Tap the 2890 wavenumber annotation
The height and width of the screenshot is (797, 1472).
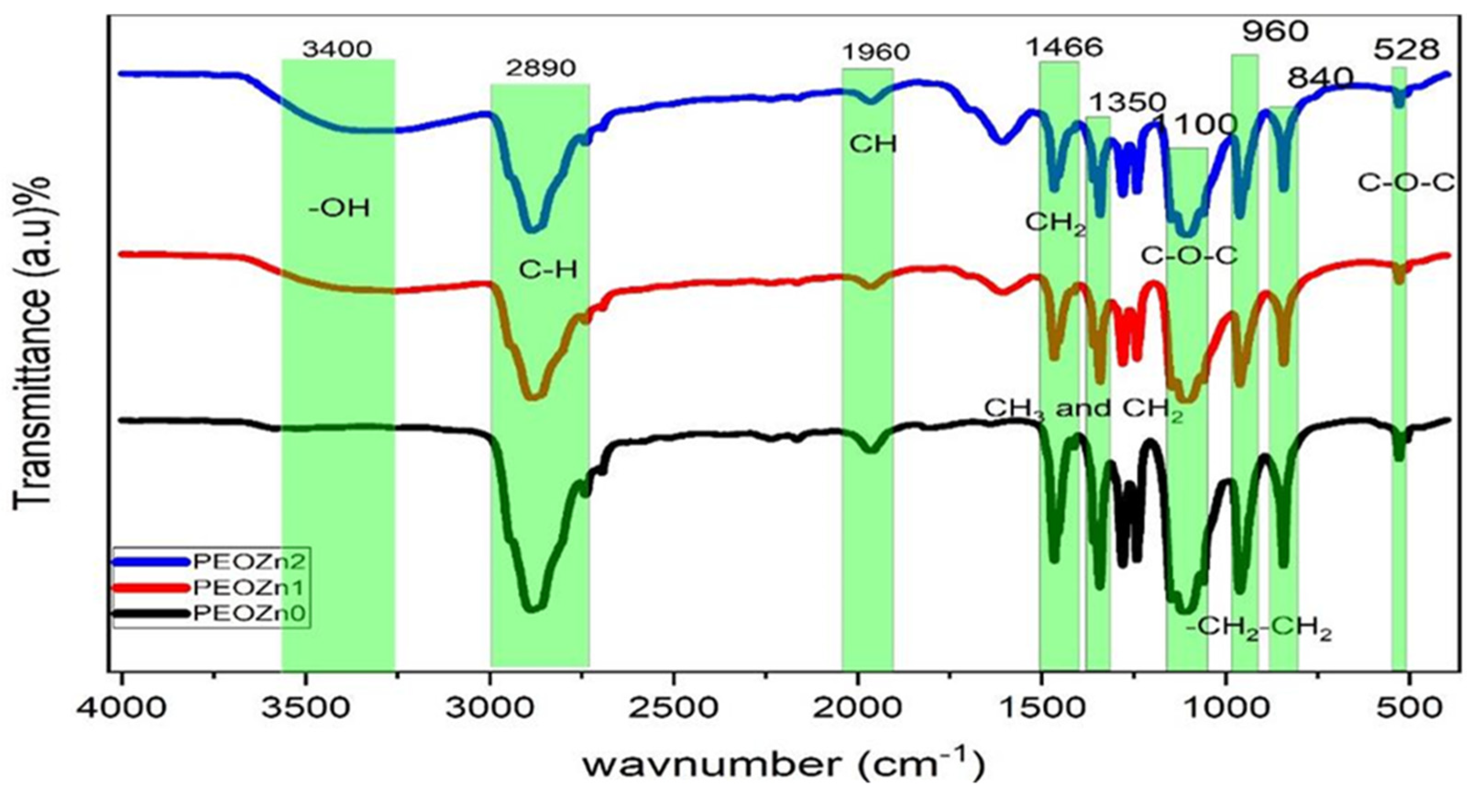pos(540,69)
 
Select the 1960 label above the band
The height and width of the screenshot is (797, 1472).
pos(875,53)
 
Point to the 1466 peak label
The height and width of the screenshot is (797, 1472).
pos(1064,47)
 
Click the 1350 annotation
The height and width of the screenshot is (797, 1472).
pos(1127,103)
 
